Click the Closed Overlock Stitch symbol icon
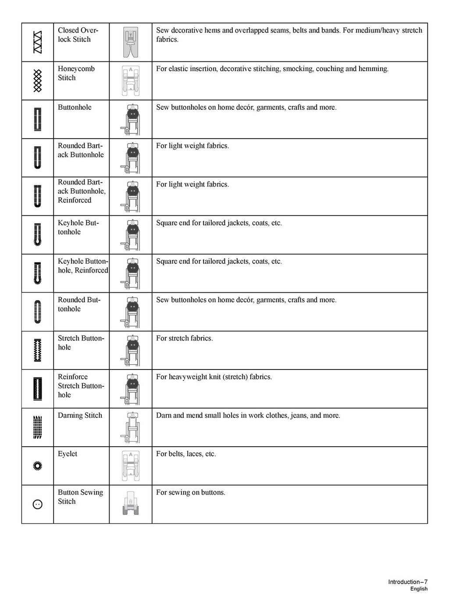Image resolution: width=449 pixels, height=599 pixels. click(x=38, y=43)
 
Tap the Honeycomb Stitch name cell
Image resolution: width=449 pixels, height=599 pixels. click(x=76, y=73)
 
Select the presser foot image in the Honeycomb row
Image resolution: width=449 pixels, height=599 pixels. click(x=130, y=81)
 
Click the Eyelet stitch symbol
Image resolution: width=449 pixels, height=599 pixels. click(x=38, y=466)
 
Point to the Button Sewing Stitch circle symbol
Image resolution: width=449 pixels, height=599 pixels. click(x=38, y=505)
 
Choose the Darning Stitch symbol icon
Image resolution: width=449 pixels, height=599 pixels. click(x=38, y=427)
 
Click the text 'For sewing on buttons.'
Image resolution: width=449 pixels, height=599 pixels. click(x=191, y=492)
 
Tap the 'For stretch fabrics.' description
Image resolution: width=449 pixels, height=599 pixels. click(x=185, y=338)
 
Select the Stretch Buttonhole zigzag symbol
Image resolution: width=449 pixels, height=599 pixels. click(x=38, y=350)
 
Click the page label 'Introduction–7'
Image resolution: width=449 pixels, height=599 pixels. click(x=407, y=582)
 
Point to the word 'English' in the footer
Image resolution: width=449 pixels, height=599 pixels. click(x=419, y=589)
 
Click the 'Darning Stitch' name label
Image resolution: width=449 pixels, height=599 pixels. click(x=80, y=416)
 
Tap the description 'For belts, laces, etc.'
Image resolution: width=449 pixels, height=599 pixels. click(x=186, y=454)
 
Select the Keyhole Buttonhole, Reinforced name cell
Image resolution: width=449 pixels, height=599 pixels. click(x=83, y=266)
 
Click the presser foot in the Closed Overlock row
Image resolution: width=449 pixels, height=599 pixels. click(x=130, y=43)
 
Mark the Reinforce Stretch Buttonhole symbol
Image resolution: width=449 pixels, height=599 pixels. click(x=38, y=389)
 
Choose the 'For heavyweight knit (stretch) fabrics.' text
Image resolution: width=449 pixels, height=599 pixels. click(x=214, y=377)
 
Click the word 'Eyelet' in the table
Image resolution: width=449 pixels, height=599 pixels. click(x=68, y=454)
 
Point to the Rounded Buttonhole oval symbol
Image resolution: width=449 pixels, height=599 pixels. click(x=38, y=312)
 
